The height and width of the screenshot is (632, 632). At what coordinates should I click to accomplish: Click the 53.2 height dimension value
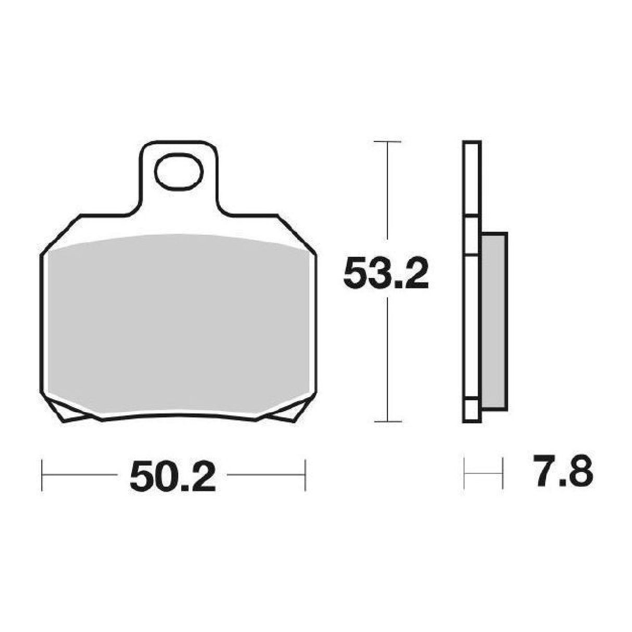(x=386, y=274)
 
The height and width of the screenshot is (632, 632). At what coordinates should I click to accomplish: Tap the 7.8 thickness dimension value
(x=562, y=473)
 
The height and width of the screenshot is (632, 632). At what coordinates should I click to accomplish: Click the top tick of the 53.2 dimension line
(x=388, y=142)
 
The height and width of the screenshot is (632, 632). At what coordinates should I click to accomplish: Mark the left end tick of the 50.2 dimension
(x=42, y=474)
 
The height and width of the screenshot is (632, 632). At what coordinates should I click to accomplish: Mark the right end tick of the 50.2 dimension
(x=305, y=474)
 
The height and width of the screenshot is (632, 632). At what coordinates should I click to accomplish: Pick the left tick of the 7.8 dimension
(x=464, y=473)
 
